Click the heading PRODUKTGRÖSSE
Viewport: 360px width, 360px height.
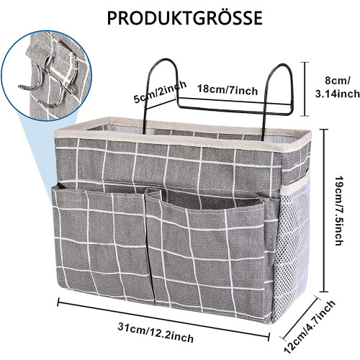click(184, 17)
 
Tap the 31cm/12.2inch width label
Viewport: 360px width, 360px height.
click(156, 333)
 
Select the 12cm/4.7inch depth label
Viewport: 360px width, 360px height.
click(310, 326)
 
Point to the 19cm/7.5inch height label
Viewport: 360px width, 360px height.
click(338, 211)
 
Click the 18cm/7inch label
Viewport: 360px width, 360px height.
click(228, 90)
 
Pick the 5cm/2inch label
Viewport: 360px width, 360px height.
click(160, 91)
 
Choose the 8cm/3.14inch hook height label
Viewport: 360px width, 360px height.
click(338, 87)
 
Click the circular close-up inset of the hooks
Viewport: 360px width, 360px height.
click(47, 76)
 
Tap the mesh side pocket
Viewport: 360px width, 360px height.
click(291, 250)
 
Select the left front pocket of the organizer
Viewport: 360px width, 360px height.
click(101, 243)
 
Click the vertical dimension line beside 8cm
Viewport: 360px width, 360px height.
click(305, 89)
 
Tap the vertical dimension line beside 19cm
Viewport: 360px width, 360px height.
click(324, 210)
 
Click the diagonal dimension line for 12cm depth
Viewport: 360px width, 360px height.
click(300, 318)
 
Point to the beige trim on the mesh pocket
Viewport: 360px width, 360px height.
click(296, 181)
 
